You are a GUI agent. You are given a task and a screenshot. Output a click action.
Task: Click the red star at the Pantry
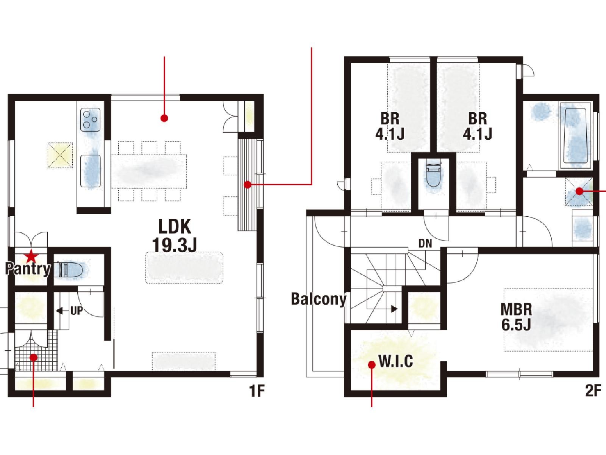[32, 256]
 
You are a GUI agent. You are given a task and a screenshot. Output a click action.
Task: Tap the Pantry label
[28, 269]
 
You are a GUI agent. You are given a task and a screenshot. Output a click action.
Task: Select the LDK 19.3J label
[175, 235]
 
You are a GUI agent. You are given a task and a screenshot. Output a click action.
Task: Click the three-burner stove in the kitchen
[90, 120]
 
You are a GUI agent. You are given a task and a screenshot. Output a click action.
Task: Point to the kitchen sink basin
[91, 171]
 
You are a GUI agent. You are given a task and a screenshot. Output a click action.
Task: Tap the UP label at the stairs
[77, 311]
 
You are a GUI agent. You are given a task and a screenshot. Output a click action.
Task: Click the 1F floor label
[257, 391]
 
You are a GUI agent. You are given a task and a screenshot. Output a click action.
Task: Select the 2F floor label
[593, 391]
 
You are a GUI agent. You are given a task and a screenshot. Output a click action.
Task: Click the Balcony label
[319, 299]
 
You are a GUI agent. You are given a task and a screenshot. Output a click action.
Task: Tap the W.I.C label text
[396, 361]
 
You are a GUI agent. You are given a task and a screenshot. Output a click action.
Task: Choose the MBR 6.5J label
[516, 317]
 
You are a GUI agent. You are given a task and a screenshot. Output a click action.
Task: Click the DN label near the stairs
[425, 244]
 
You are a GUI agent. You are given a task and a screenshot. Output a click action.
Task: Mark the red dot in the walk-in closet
[372, 365]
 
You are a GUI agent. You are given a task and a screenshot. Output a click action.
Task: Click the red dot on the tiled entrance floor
[33, 358]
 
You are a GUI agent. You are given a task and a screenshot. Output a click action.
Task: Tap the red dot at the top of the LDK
[164, 118]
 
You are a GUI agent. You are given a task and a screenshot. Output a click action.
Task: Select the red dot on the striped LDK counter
[248, 185]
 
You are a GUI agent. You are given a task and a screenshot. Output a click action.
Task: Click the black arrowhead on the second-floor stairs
[395, 309]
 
